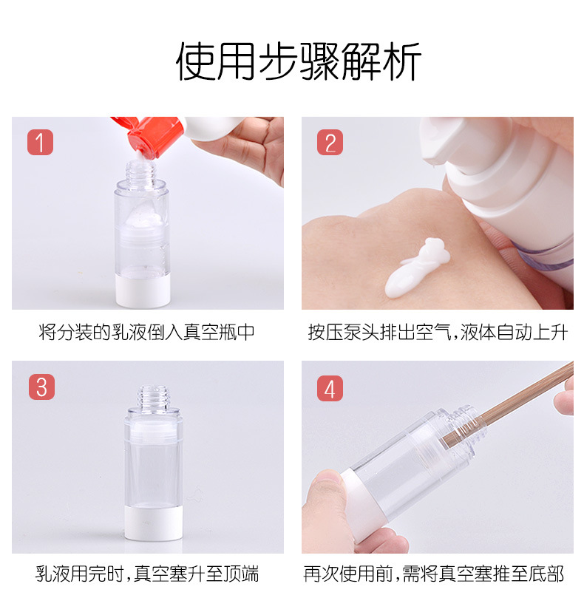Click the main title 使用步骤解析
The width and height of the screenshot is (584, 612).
click(x=299, y=61)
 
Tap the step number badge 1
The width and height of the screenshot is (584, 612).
click(x=40, y=142)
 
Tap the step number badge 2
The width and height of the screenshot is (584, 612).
click(x=330, y=142)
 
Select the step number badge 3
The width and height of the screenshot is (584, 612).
click(x=42, y=387)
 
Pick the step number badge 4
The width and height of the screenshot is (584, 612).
click(x=330, y=388)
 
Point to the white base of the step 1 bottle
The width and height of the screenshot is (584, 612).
click(x=143, y=290)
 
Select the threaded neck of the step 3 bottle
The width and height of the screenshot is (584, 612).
click(x=154, y=398)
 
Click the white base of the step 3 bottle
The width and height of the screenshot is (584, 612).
click(x=154, y=523)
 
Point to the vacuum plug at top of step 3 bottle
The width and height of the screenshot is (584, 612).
click(x=154, y=432)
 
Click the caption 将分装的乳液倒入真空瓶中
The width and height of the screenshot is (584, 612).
click(x=147, y=333)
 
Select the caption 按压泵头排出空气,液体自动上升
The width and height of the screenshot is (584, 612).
click(x=438, y=333)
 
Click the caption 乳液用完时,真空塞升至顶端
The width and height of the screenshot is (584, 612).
click(x=147, y=574)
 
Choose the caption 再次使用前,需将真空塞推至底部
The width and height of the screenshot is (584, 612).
click(x=434, y=574)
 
